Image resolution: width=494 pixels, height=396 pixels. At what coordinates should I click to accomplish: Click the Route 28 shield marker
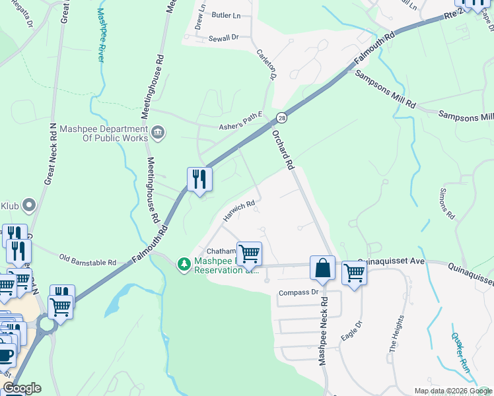[281, 117]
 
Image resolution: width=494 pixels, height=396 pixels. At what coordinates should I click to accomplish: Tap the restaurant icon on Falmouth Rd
[199, 179]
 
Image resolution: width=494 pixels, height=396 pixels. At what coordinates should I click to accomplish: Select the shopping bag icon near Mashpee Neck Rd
[322, 269]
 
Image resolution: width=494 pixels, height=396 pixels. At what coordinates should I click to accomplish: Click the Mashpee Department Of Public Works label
[104, 133]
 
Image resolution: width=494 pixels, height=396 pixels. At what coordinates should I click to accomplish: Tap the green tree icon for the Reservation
[183, 264]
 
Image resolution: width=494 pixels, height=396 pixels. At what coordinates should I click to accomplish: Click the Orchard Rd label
[283, 150]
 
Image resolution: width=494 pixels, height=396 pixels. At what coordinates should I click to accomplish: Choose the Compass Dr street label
[299, 292]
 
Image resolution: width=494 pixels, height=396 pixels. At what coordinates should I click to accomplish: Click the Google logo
[22, 388]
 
